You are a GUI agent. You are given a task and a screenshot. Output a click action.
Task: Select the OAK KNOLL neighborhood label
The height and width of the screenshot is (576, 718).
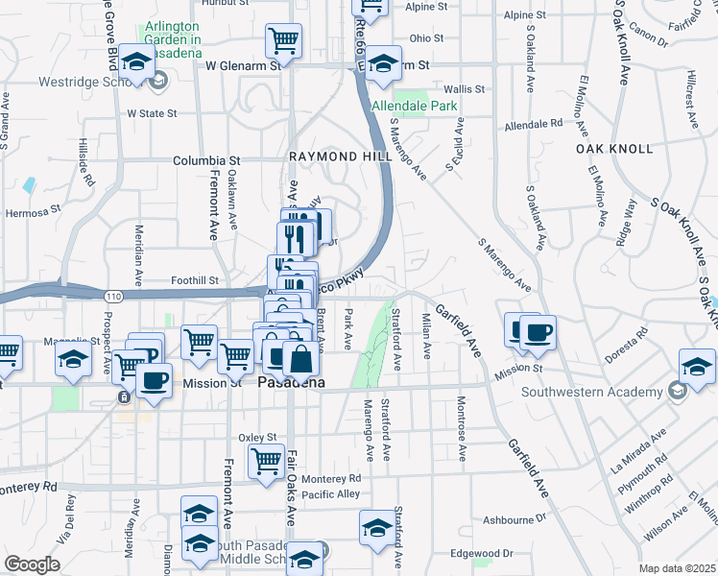(614, 149)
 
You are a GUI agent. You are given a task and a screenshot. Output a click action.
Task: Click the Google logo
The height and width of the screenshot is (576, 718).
(32, 564)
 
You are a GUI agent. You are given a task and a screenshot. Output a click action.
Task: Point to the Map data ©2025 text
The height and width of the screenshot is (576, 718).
(677, 568)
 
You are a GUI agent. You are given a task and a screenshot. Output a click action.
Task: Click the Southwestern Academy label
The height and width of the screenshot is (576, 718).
(590, 391)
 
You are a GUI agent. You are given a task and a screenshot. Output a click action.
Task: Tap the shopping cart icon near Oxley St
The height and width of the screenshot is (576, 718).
(266, 462)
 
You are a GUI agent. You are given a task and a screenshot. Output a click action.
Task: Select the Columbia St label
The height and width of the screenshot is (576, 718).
(205, 161)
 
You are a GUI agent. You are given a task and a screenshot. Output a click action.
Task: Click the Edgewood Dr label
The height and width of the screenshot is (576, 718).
(481, 553)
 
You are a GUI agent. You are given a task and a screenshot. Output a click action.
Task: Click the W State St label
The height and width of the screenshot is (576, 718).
(153, 112)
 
